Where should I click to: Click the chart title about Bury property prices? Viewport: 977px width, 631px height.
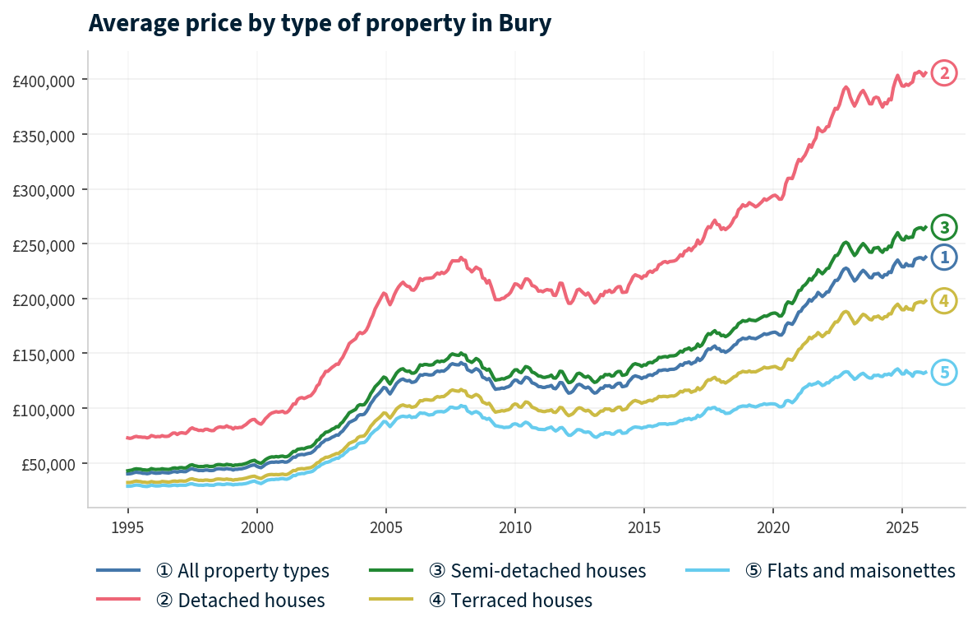[319, 24]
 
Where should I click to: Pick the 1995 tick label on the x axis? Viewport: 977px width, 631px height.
[127, 526]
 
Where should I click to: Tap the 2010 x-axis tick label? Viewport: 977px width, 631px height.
[514, 526]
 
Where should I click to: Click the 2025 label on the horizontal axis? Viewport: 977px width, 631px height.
[901, 526]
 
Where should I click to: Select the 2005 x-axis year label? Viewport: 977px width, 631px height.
[385, 526]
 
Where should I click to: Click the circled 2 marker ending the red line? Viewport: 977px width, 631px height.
[944, 73]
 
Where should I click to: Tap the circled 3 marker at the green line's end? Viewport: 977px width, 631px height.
[944, 227]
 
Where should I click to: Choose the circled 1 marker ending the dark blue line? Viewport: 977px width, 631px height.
[944, 257]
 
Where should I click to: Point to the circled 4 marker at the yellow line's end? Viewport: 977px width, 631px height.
[944, 301]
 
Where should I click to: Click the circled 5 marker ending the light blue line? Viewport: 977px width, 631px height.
[944, 372]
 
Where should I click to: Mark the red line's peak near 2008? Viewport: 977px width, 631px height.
[461, 258]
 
